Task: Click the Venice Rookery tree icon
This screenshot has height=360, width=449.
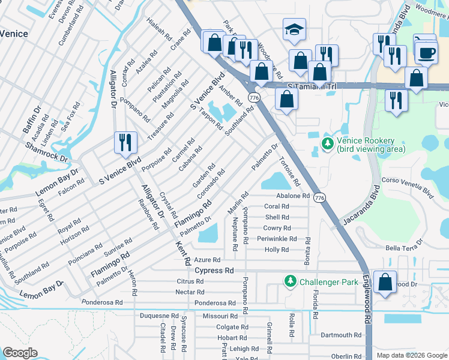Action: tap(327, 143)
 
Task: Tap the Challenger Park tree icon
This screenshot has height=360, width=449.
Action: tap(291, 281)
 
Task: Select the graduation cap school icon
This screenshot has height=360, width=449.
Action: tap(294, 30)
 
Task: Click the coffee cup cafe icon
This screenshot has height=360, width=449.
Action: tap(426, 52)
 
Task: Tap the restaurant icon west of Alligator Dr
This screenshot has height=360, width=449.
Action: tap(125, 142)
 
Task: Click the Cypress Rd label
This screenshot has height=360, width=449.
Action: tap(214, 271)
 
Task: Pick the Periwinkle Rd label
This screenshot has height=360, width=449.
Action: tap(277, 238)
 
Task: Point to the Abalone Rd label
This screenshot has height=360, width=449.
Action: tap(292, 196)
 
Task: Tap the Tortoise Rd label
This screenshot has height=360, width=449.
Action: tap(289, 171)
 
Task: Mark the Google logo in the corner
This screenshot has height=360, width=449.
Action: tap(20, 353)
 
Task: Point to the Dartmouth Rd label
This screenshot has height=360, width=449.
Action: tap(340, 335)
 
